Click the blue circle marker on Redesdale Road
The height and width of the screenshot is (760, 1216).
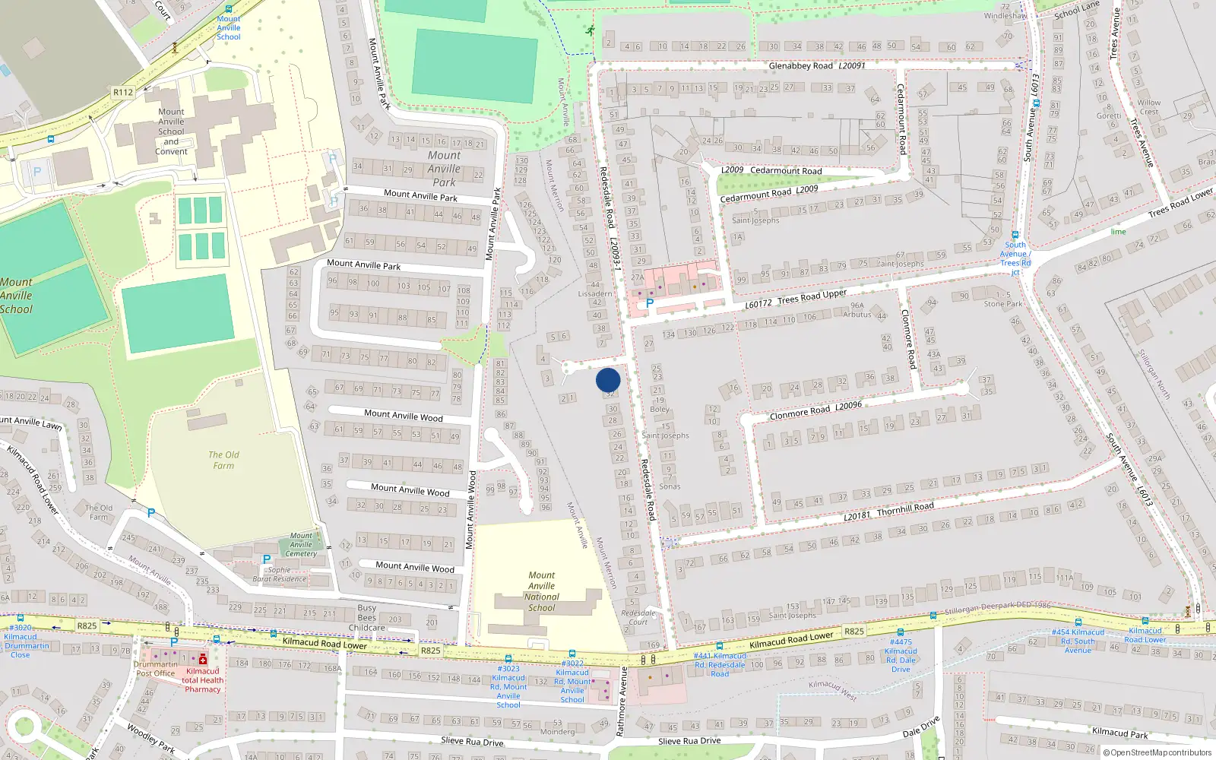click(608, 380)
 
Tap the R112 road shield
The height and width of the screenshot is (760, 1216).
click(123, 92)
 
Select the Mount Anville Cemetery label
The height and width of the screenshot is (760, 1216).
click(301, 545)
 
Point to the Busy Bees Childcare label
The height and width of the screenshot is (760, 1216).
click(367, 617)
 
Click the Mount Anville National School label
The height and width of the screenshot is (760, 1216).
click(541, 591)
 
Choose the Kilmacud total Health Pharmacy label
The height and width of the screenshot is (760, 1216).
click(202, 680)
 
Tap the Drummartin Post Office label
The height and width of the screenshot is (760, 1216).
click(155, 669)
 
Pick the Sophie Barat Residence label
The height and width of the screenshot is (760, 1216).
click(279, 575)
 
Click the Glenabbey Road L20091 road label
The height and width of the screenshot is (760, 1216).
click(817, 66)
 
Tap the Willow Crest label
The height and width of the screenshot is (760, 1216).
click(1148, 107)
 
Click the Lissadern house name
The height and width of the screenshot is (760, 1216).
click(594, 293)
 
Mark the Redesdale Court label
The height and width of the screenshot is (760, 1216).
click(638, 617)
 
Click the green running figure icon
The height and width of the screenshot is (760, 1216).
click(591, 30)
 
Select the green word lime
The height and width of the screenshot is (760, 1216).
click(1118, 232)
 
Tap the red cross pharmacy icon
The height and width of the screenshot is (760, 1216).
click(202, 659)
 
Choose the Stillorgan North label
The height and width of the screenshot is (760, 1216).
click(1154, 374)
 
